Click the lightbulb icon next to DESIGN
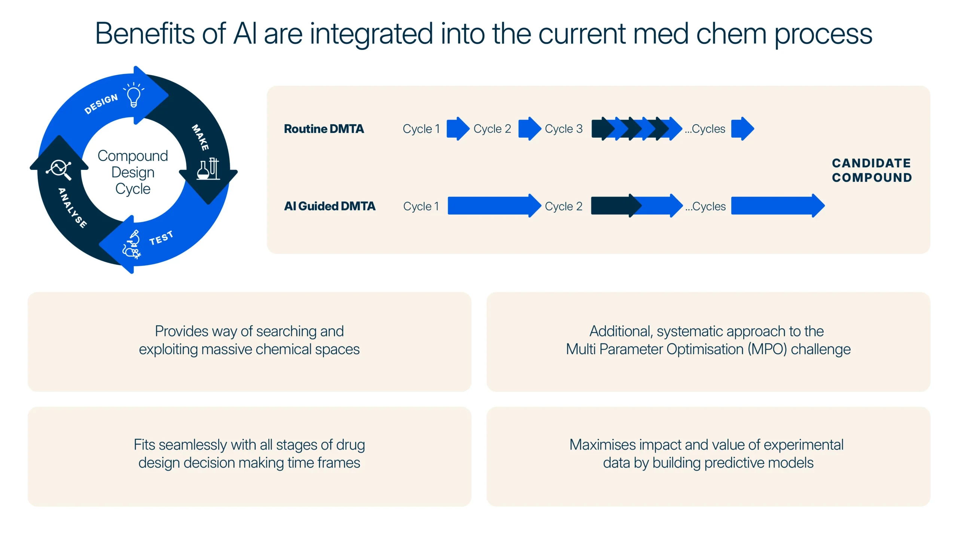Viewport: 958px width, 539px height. click(134, 95)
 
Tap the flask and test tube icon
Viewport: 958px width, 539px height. click(208, 169)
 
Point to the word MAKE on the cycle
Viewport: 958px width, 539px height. click(200, 137)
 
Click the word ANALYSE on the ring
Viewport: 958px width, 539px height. click(73, 208)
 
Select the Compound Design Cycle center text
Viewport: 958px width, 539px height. click(133, 172)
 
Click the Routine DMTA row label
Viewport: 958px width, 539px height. click(324, 129)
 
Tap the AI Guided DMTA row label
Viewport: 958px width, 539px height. click(329, 206)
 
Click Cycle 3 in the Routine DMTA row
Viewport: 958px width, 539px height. click(564, 129)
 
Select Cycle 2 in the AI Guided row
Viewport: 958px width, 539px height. click(564, 206)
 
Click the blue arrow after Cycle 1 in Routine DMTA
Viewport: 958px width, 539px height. click(458, 129)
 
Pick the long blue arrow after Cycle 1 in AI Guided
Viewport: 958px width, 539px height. click(494, 206)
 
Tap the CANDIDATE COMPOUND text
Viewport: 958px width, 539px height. click(872, 170)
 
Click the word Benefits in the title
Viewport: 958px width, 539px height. click(145, 34)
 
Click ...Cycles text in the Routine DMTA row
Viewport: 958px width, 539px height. click(705, 129)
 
